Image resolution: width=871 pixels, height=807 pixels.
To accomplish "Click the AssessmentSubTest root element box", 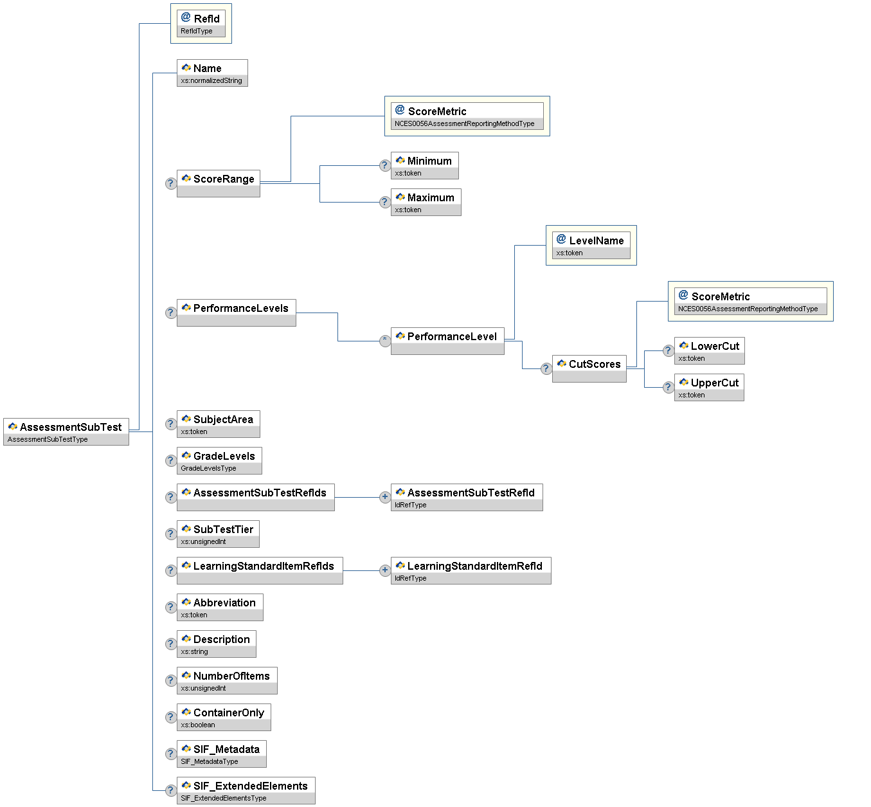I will click(66, 431).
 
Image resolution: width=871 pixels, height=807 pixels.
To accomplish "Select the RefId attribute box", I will click(201, 23).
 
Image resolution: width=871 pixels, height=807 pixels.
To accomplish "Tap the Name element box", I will click(212, 73).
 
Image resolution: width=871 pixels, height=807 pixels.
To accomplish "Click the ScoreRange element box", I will click(219, 183).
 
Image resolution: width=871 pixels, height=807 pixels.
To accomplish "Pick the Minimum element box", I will click(424, 165).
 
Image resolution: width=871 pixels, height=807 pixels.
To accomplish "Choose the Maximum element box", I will click(426, 202).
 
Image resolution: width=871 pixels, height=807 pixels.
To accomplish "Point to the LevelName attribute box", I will click(591, 245).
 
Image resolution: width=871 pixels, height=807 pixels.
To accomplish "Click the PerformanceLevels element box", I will click(237, 313).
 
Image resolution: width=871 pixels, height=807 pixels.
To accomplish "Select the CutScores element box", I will click(589, 368).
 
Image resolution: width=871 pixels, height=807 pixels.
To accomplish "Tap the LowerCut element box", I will click(709, 350).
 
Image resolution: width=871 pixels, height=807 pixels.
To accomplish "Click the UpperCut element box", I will click(709, 387).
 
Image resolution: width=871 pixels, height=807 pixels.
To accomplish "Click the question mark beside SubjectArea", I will click(171, 424).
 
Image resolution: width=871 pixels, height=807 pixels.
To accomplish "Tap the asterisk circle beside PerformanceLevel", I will click(385, 341).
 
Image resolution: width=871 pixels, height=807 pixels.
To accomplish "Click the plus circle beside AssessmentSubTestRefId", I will click(385, 497).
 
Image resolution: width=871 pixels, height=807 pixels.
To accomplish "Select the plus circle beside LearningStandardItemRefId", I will click(385, 570).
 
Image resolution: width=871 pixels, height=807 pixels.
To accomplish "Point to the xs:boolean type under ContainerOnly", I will click(198, 725).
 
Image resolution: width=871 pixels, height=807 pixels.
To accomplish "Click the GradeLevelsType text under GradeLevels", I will click(208, 468).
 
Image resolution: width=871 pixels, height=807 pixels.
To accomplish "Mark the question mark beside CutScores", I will click(546, 368).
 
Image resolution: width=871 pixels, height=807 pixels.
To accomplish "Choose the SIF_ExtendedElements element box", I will click(246, 790).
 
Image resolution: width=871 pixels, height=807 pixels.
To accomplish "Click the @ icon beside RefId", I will click(186, 17).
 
